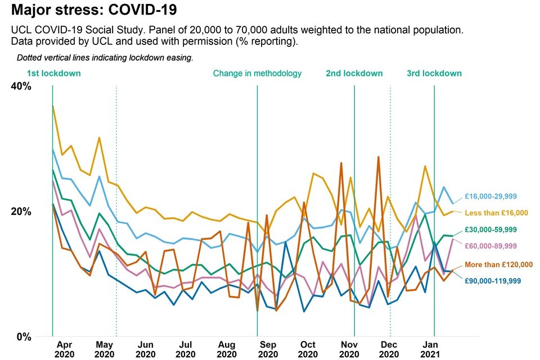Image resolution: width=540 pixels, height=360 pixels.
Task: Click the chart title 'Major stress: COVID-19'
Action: [97, 10]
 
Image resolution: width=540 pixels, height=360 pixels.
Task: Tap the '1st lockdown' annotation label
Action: [53, 73]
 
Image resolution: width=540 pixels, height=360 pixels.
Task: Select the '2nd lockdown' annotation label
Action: [354, 73]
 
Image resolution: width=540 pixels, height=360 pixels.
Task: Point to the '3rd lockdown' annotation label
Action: [434, 73]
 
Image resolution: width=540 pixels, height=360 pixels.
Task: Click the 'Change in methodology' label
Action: [257, 73]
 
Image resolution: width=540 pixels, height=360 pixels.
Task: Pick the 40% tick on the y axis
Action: [21, 86]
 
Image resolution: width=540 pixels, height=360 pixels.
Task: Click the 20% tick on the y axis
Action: [21, 211]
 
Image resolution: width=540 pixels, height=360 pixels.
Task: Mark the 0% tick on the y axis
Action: [23, 337]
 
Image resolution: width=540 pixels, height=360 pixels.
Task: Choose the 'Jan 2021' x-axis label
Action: [431, 349]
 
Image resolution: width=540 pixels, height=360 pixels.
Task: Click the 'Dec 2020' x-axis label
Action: [389, 349]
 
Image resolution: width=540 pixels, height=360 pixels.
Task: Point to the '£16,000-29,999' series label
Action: [490, 196]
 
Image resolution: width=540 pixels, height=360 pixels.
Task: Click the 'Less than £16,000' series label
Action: [496, 213]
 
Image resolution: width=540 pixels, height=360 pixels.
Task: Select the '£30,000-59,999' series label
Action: [490, 229]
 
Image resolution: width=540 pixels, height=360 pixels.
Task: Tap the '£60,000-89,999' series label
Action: [490, 246]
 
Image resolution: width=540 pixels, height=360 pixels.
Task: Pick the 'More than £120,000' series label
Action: [498, 264]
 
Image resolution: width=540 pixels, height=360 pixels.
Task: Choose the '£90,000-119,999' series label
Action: [493, 280]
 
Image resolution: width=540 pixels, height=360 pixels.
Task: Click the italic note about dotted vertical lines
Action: [105, 57]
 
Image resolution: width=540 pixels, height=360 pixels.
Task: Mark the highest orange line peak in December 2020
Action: [379, 157]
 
